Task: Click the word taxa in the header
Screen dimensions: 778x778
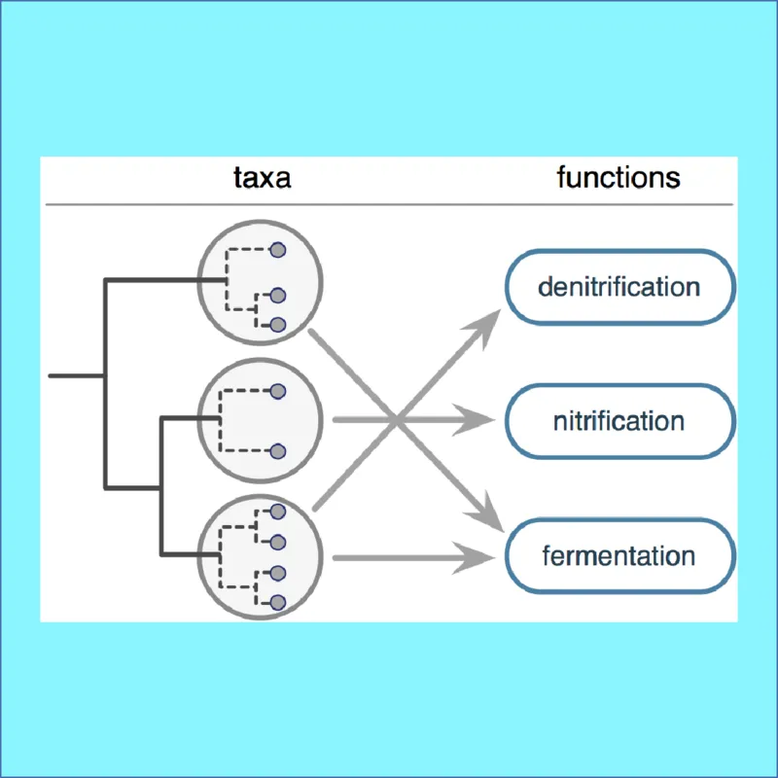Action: click(262, 178)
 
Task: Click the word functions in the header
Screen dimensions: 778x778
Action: click(618, 178)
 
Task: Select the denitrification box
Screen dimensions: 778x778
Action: click(619, 288)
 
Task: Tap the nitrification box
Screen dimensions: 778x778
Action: click(619, 421)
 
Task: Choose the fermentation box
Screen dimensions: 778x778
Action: click(619, 557)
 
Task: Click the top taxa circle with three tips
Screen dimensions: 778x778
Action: click(260, 286)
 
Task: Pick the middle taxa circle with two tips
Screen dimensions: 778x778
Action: click(260, 420)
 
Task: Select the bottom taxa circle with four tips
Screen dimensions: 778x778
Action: click(260, 555)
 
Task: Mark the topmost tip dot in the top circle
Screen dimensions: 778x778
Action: click(277, 250)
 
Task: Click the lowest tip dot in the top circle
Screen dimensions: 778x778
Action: click(277, 324)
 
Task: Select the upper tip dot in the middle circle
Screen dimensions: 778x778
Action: click(277, 391)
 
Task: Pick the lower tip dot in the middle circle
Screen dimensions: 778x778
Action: click(277, 451)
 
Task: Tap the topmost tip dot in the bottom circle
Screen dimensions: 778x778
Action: click(277, 511)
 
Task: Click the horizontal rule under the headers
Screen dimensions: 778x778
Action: click(389, 204)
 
